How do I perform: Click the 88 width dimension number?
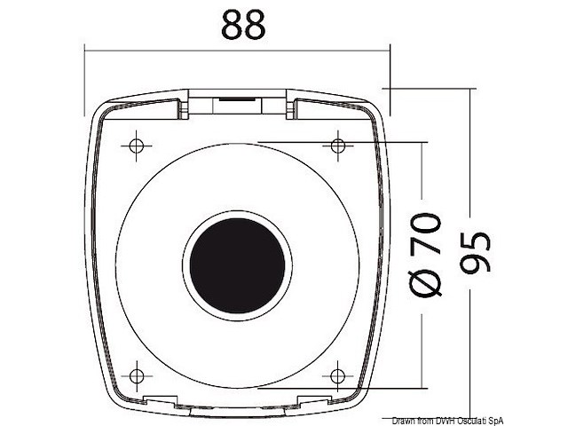point(243,25)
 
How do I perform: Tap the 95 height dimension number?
point(476,253)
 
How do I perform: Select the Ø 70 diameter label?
point(425,255)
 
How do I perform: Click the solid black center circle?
point(237,265)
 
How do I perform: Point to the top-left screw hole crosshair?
point(136,146)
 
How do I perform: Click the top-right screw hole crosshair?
point(338,146)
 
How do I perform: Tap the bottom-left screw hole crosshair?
point(136,376)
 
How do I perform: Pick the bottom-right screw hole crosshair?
point(337,376)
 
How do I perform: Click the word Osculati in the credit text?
point(472,421)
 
